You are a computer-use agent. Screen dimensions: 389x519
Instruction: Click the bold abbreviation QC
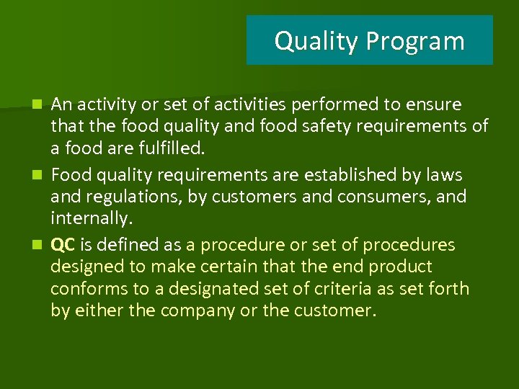pyautogui.click(x=63, y=245)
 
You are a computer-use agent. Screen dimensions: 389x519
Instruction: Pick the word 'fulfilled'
pyautogui.click(x=171, y=150)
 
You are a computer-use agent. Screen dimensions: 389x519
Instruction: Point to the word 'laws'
pyautogui.click(x=445, y=175)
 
